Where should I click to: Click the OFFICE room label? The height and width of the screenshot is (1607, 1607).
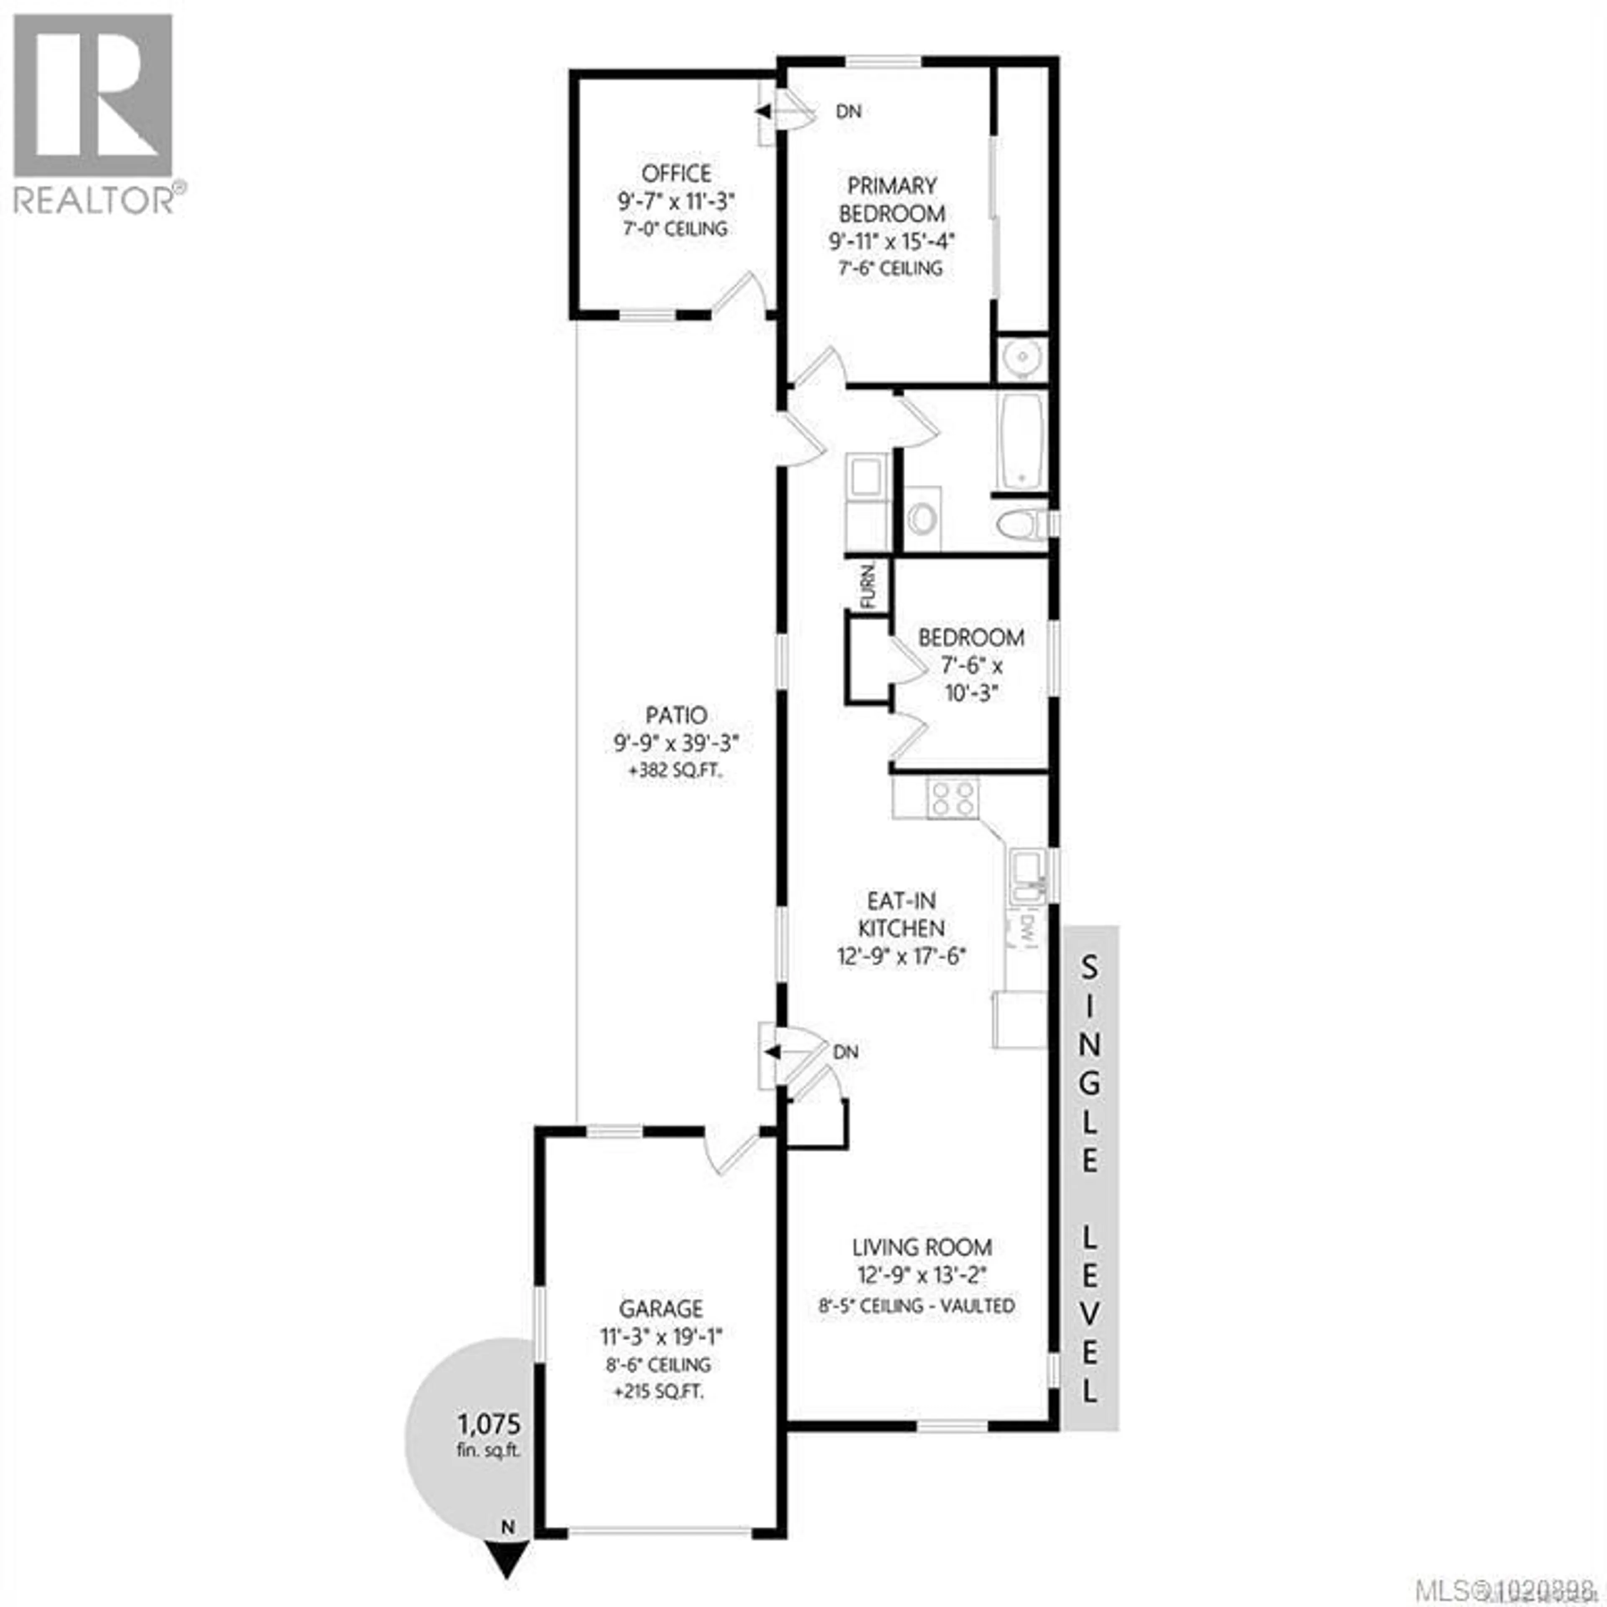click(x=675, y=174)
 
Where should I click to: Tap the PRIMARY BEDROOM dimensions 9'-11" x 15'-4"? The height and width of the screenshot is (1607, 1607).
click(x=891, y=241)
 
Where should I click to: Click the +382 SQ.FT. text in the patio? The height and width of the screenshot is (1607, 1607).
click(x=675, y=770)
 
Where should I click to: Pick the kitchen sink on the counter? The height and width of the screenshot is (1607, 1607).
click(x=1027, y=876)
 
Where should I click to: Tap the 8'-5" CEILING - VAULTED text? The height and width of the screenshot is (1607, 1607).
click(x=916, y=1306)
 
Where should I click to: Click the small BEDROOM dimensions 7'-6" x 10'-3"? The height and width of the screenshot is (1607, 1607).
click(x=971, y=679)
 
